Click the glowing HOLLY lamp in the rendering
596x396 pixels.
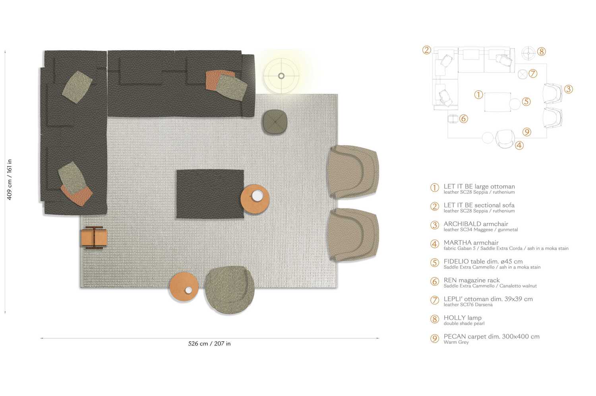point(281,76)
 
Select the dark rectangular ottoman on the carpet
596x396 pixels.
point(210,194)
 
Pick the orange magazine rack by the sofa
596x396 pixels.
point(94,238)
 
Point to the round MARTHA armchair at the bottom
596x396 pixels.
point(230,290)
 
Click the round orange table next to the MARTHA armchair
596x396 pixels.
point(184,287)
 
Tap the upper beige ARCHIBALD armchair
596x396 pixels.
point(352,171)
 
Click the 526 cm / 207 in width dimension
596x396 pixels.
point(209,343)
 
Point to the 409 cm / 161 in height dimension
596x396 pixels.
point(10,179)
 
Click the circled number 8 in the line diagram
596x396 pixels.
point(541,52)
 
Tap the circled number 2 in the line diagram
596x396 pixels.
point(427,50)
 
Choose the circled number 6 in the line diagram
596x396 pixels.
point(463,119)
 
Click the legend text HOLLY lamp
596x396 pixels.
point(462,318)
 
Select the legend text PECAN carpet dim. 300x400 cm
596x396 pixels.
point(492,336)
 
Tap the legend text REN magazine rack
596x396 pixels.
point(472,280)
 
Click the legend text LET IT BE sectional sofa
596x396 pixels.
point(479,205)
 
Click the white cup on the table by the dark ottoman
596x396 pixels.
point(257,195)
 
